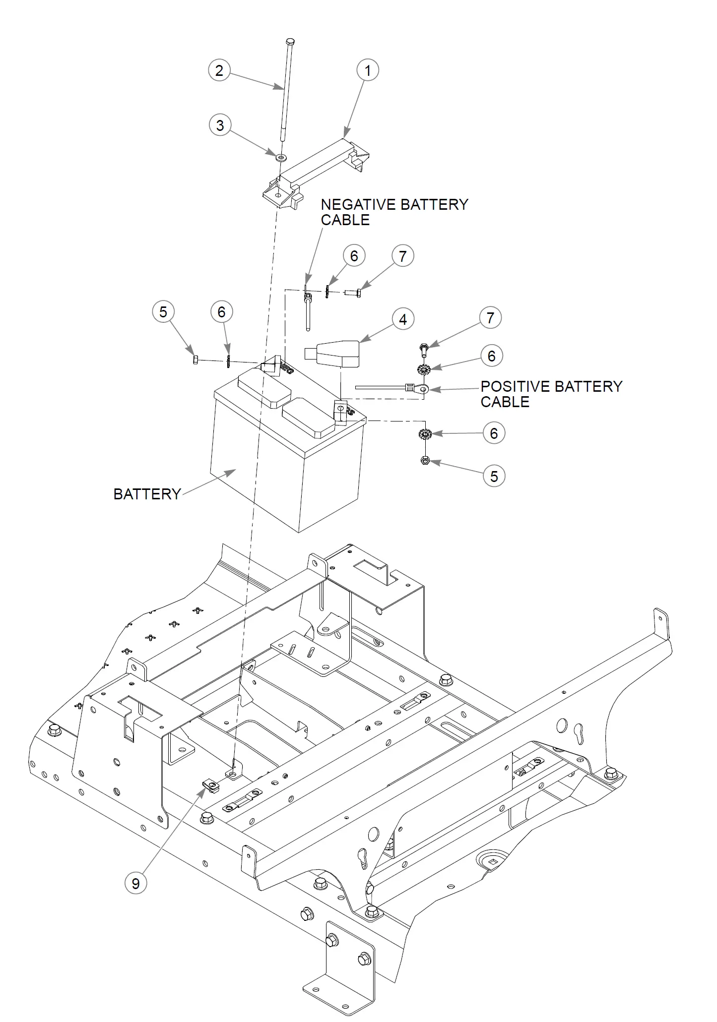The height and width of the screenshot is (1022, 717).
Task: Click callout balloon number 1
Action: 368,70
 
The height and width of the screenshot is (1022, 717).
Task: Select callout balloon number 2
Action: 219,70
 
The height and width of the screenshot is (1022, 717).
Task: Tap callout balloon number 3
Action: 220,125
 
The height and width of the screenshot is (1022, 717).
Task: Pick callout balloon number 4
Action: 402,319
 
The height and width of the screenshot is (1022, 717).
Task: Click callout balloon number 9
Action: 135,883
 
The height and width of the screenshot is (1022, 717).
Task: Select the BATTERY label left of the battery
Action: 147,494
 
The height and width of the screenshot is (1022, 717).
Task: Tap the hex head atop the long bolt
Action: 290,41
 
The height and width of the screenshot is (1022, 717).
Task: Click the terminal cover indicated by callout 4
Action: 332,353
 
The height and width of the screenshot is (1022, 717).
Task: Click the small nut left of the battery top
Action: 195,360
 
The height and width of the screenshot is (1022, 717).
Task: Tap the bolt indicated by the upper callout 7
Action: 352,292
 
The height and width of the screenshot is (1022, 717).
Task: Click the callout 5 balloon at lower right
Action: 494,476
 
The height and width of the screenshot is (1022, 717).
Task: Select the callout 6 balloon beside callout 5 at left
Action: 221,312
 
